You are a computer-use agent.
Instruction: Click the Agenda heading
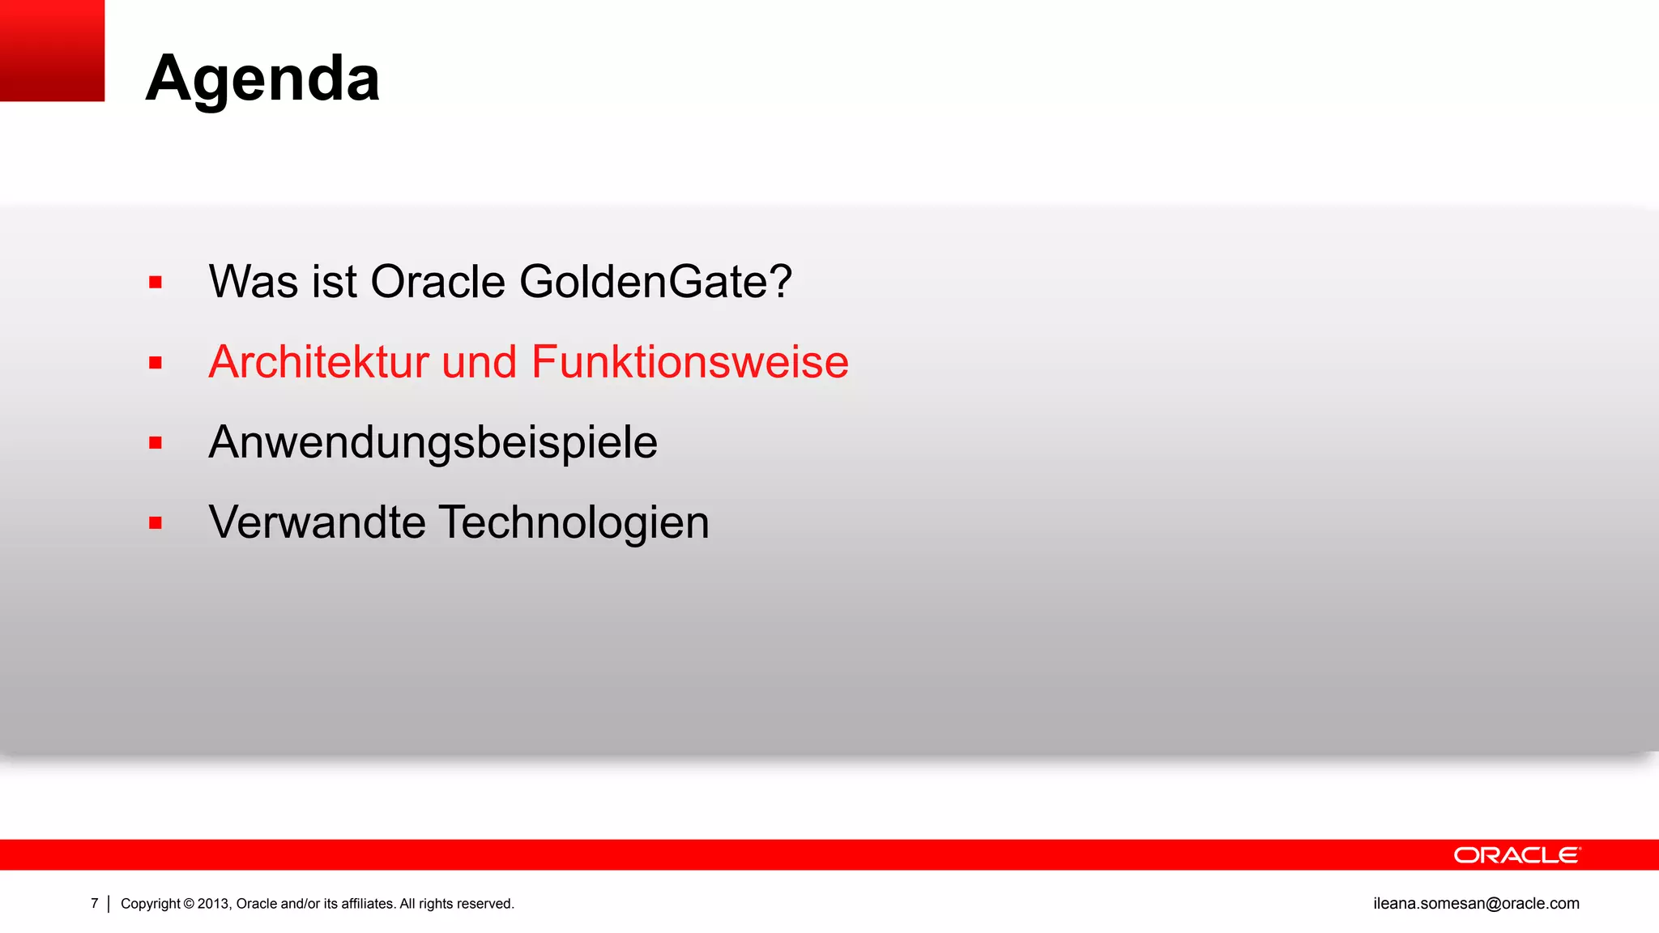(262, 79)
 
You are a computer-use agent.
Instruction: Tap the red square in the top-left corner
(52, 50)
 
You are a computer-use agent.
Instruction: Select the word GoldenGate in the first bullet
(655, 282)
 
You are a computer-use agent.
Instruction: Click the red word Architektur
(318, 361)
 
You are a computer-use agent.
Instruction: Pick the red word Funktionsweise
(689, 361)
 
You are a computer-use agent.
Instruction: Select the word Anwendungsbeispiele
(433, 442)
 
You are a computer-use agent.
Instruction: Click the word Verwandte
(317, 522)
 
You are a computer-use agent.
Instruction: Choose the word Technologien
(574, 522)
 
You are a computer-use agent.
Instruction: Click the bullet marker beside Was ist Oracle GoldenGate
(156, 283)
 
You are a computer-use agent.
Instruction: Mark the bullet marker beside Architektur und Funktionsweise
(156, 363)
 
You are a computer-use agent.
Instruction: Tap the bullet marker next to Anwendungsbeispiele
(156, 443)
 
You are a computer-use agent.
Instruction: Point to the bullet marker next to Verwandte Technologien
(156, 523)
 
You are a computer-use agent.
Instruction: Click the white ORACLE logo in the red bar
(1516, 855)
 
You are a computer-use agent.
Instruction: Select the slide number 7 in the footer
(95, 903)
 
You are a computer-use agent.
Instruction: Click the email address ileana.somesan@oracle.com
(1476, 903)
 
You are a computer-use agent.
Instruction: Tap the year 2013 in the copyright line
(214, 904)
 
